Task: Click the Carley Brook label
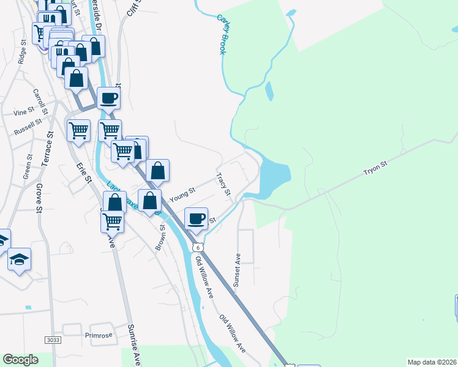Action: click(222, 34)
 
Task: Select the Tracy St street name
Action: click(223, 184)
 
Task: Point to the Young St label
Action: click(182, 195)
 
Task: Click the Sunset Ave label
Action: click(238, 269)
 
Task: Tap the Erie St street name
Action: click(84, 172)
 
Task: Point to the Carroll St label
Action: click(40, 101)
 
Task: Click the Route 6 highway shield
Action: click(197, 247)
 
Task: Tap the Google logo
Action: click(20, 360)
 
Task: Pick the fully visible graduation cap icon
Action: click(20, 260)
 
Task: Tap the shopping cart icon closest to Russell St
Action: click(78, 130)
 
